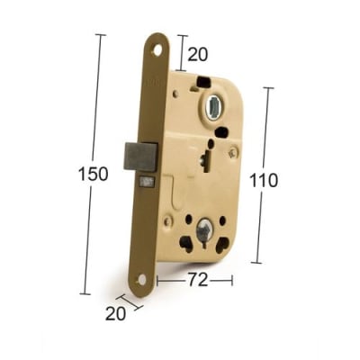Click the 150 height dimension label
tap(93, 174)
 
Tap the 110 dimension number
tap(264, 181)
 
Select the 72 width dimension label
tap(198, 280)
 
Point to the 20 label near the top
tap(198, 55)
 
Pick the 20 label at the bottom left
tap(115, 314)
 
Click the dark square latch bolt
tap(140, 157)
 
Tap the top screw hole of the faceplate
tap(157, 51)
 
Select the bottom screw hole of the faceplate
tap(142, 280)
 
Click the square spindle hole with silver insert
tap(213, 106)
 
